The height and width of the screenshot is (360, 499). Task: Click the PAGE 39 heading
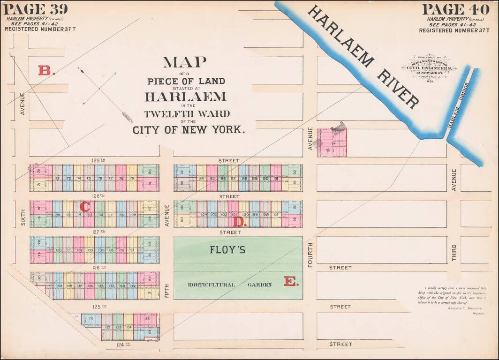point(36,9)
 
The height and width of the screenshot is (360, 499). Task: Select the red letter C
point(85,206)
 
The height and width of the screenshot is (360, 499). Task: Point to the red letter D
point(240,222)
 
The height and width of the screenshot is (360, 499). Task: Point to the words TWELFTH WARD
point(187,114)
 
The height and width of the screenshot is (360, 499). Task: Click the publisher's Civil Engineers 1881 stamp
point(429,67)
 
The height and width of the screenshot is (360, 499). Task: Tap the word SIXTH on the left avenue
point(22,218)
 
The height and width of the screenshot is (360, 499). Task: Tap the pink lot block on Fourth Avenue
point(332,142)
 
